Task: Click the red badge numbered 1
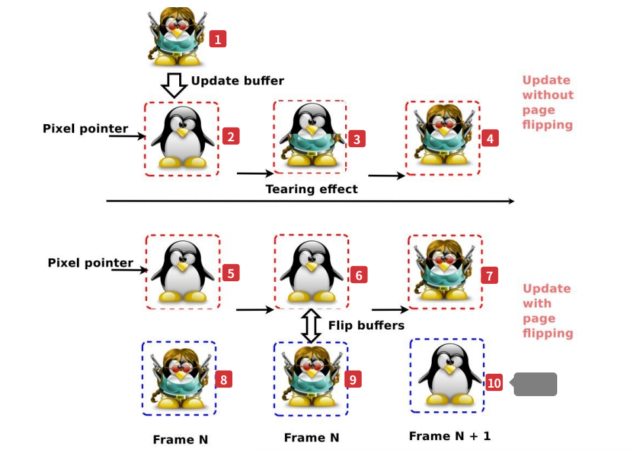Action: point(218,39)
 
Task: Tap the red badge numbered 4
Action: point(490,139)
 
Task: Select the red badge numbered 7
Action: point(490,276)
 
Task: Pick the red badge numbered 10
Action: point(494,383)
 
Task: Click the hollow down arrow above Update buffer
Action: point(174,85)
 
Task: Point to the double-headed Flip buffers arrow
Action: point(311,325)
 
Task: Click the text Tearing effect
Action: point(312,189)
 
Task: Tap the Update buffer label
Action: point(237,81)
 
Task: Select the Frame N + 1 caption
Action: point(450,436)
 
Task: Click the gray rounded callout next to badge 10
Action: point(535,384)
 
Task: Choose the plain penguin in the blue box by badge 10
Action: point(448,375)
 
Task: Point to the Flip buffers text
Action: point(366,325)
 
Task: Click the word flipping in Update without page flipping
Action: point(547,125)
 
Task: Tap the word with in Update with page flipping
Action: point(537,304)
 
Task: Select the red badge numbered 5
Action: point(230,273)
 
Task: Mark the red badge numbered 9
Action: point(352,379)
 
